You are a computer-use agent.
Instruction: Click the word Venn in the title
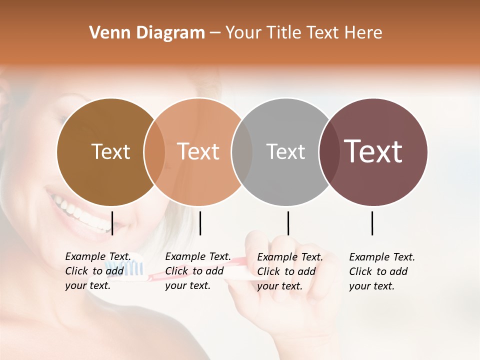pyautogui.click(x=107, y=33)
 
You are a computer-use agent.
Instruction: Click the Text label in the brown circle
pyautogui.click(x=110, y=151)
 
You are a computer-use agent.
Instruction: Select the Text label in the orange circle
pyautogui.click(x=198, y=151)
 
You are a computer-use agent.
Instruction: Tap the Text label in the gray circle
pyautogui.click(x=285, y=151)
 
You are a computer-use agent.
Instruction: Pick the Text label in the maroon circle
pyautogui.click(x=373, y=151)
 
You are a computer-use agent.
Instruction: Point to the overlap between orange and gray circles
pyautogui.click(x=242, y=151)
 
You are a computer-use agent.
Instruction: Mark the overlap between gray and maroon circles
pyautogui.click(x=329, y=151)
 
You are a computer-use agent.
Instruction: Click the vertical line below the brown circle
pyautogui.click(x=112, y=223)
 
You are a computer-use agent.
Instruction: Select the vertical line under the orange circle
pyautogui.click(x=200, y=223)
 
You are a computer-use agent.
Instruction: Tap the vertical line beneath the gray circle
pyautogui.click(x=288, y=223)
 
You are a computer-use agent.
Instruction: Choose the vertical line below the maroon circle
pyautogui.click(x=372, y=223)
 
